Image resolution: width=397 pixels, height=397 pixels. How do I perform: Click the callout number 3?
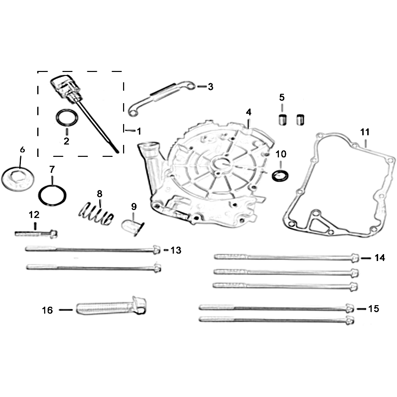click(x=210, y=87)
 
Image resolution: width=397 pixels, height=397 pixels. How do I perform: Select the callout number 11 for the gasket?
click(x=365, y=132)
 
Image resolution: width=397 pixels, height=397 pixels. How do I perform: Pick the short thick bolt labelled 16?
click(x=111, y=307)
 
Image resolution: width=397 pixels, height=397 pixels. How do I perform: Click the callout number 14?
click(x=380, y=258)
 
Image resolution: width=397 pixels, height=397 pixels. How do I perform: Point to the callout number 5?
click(x=282, y=97)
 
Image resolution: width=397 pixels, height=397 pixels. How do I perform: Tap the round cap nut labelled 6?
click(x=18, y=179)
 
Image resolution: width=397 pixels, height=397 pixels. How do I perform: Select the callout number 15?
click(x=374, y=309)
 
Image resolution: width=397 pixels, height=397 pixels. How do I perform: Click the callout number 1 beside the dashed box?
click(x=139, y=131)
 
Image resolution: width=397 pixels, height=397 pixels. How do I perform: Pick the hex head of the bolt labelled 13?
click(x=157, y=250)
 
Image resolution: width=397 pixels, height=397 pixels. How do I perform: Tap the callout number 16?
click(x=47, y=310)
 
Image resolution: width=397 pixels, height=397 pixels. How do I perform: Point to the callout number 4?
click(x=249, y=112)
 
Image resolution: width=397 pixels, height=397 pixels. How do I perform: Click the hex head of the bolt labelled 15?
click(x=350, y=308)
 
